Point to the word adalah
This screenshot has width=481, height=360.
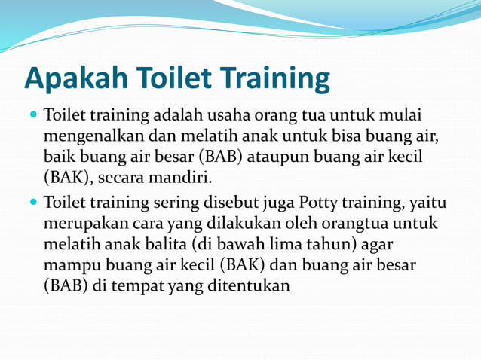pos(179,117)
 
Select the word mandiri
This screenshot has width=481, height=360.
pos(184,179)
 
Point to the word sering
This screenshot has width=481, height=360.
pos(178,203)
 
